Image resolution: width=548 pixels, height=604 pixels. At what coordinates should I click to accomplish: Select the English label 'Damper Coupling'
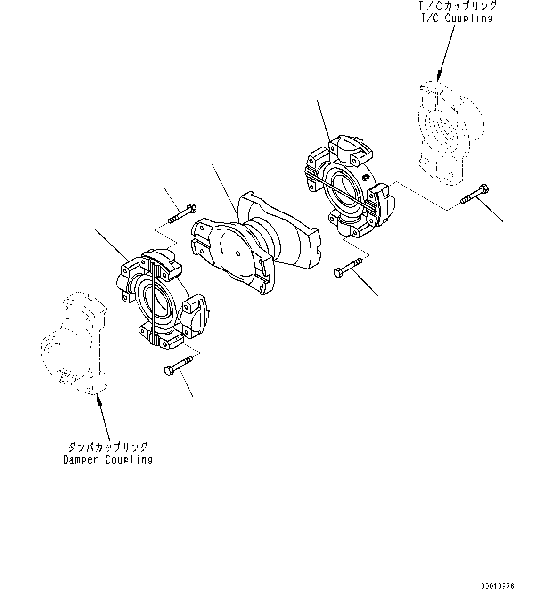coord(107,459)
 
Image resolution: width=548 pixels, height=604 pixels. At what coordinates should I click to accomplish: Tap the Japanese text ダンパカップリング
coord(107,447)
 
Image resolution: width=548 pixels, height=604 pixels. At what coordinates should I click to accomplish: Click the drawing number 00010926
coord(498,587)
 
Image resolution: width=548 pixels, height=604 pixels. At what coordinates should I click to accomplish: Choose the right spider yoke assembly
coord(349,188)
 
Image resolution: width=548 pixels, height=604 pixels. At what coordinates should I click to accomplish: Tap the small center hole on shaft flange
coord(239,253)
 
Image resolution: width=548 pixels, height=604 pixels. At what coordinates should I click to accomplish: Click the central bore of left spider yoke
coord(158,302)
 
